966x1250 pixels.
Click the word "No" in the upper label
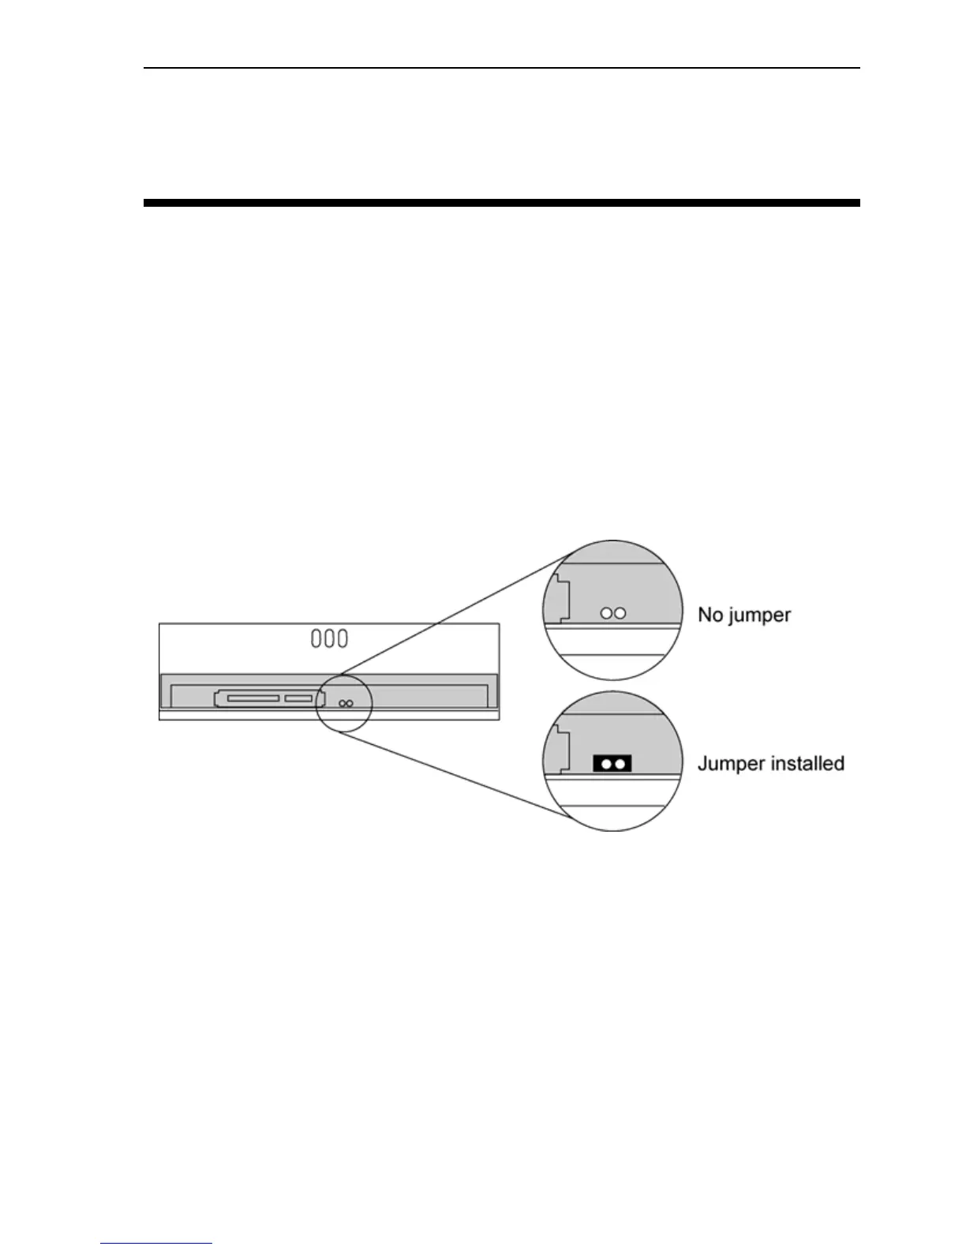710,614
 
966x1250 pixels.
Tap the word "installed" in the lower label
804,763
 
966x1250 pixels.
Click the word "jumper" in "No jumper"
759,616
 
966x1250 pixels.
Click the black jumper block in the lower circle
612,763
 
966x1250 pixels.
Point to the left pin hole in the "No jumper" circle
606,612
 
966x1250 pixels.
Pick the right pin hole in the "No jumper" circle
620,612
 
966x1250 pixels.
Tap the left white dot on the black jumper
605,764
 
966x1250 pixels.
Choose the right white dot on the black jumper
620,764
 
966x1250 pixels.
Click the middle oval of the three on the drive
329,638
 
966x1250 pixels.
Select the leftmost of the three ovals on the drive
316,638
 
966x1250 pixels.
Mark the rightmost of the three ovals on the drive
343,638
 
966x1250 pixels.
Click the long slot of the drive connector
253,698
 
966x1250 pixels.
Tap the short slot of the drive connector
299,698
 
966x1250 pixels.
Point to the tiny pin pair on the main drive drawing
345,703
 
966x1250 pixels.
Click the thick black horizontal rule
501,203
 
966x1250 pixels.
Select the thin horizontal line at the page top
501,68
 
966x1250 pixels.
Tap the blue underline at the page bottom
157,1244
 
